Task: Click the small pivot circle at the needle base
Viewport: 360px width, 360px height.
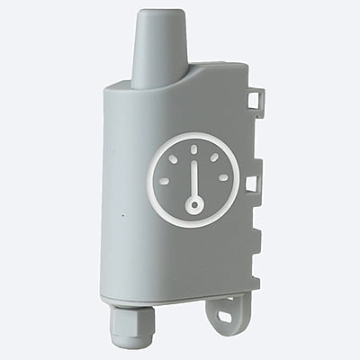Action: (x=193, y=206)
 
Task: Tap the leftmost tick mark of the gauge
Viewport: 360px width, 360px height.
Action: (x=164, y=180)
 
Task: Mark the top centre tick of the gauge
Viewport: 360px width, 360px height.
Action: (x=193, y=150)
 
